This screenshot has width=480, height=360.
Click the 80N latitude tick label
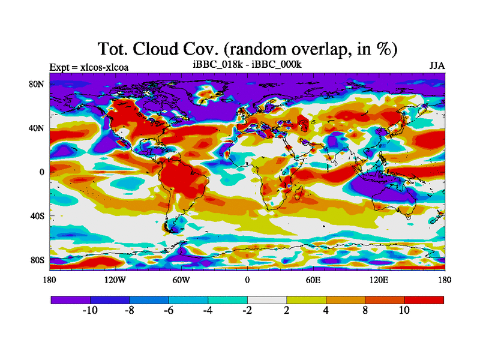37,85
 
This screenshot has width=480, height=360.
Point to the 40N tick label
37,128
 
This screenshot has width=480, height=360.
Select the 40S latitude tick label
38,216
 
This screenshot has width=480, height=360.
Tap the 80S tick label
38,260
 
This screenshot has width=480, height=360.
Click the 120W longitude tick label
115,280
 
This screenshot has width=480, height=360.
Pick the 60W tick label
181,280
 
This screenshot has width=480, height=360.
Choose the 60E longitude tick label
313,280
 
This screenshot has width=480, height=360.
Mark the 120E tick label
379,280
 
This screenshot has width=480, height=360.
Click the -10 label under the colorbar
89,310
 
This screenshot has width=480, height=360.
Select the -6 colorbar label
169,310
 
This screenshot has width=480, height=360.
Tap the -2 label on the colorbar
247,310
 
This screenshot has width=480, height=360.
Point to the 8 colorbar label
365,310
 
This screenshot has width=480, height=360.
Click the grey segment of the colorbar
267,299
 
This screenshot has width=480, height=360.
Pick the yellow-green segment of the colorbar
306,299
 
